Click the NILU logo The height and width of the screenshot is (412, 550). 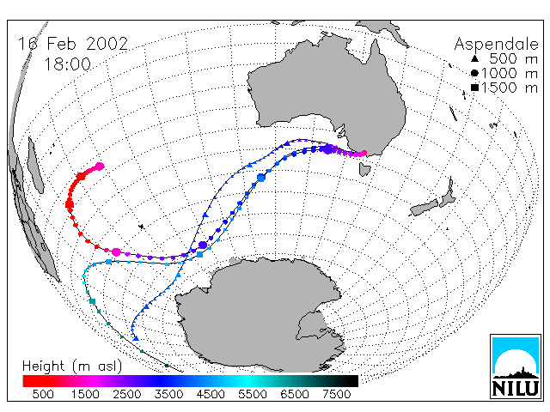(x=516, y=367)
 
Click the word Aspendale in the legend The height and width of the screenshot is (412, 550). (x=497, y=44)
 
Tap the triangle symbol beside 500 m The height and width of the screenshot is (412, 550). (x=474, y=58)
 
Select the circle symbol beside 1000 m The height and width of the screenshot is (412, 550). (x=474, y=73)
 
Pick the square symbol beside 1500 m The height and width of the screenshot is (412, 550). (x=474, y=88)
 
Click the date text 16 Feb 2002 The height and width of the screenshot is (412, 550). (x=73, y=44)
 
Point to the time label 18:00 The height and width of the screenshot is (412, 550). (x=68, y=64)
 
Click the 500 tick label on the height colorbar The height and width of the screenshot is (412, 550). (x=43, y=395)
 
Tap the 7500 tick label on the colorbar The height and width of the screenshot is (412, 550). (x=336, y=395)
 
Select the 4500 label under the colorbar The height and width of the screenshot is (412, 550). (x=211, y=395)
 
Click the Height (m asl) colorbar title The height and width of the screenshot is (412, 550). (x=72, y=367)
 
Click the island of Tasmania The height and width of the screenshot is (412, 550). (x=364, y=169)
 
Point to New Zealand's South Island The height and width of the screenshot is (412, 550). (x=425, y=208)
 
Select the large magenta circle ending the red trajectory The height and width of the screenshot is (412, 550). (x=100, y=167)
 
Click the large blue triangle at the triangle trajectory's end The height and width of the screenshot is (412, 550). (x=136, y=338)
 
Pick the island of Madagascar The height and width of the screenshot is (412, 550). (x=35, y=165)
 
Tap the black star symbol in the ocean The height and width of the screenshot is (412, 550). (x=141, y=227)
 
